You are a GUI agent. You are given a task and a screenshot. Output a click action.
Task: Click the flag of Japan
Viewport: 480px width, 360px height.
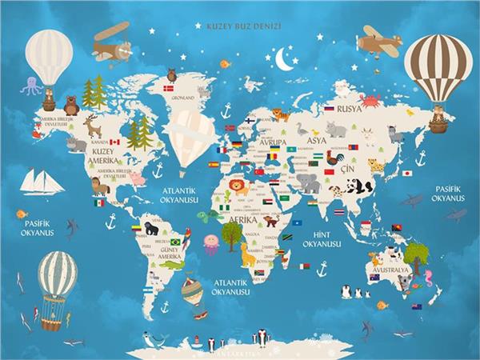tap(406, 173)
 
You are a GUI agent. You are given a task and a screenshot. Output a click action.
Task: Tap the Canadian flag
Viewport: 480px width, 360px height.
tap(114, 142)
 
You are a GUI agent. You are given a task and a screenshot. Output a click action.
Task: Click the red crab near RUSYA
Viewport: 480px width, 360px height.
tap(370, 100)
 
